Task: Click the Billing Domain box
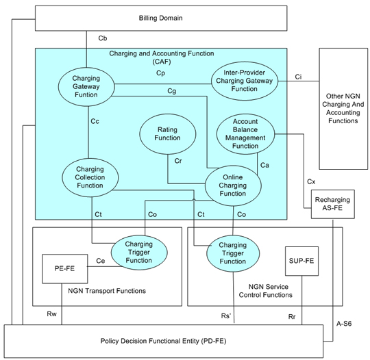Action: coord(161,18)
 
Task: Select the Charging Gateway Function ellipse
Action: coord(86,86)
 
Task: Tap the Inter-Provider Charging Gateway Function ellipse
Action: coord(245,81)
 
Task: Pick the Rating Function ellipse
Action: coord(168,134)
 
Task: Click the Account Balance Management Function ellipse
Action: coord(245,134)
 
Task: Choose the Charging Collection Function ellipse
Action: coord(90,177)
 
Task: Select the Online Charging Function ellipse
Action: coord(233,185)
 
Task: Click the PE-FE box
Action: coord(65,268)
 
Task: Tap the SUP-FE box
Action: coord(301,261)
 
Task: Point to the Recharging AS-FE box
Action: coord(332,204)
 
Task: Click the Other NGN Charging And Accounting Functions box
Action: coord(343,109)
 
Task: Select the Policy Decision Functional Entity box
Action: coord(164,341)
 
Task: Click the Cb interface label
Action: coord(103,38)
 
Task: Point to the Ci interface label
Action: coord(298,77)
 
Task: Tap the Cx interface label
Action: coord(311,182)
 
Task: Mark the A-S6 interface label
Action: coord(344,324)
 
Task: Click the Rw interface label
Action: coord(51,314)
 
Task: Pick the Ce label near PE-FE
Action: coord(101,261)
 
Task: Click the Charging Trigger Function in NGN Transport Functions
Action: coord(139,253)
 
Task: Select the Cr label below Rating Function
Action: coord(178,161)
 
